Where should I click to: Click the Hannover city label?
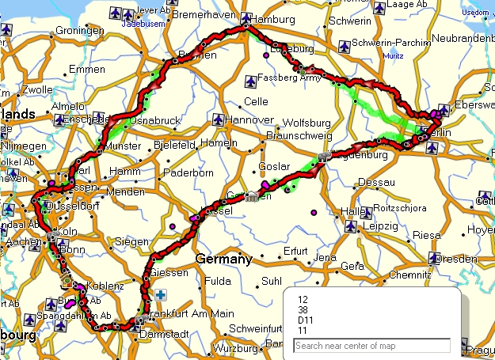click(251, 120)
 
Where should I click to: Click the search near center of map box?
click(371, 346)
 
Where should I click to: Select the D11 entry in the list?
click(303, 320)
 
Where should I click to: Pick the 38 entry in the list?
click(303, 309)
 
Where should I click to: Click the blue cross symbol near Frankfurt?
click(161, 295)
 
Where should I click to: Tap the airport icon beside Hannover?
click(218, 119)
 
